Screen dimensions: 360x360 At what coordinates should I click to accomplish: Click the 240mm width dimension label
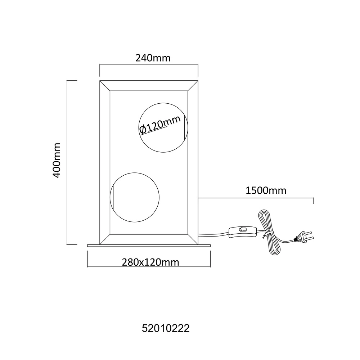(153, 58)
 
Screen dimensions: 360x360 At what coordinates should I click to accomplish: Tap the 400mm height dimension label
(57, 160)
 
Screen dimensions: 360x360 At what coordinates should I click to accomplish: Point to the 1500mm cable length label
(266, 190)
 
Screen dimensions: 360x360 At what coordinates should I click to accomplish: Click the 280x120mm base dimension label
(150, 262)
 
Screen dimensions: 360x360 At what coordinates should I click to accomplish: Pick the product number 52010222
(166, 328)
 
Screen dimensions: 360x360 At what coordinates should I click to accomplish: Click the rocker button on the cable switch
(242, 229)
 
